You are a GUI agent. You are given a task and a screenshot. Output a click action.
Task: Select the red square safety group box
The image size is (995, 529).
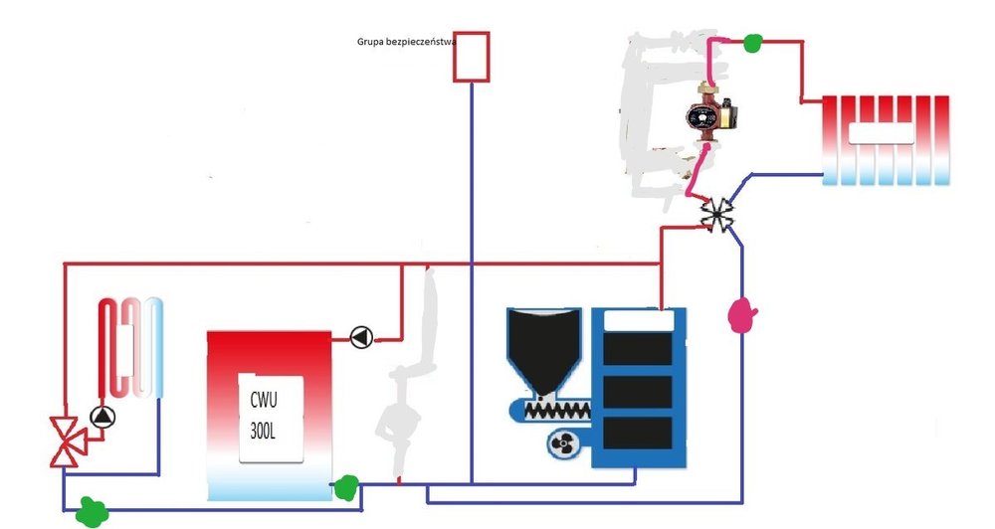click(x=471, y=57)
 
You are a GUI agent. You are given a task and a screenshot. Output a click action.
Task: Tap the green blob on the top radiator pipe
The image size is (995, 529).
click(x=753, y=43)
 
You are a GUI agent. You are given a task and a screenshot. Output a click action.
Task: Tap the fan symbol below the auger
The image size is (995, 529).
click(x=560, y=444)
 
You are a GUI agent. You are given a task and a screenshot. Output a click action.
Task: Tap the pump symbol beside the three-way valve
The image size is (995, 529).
click(x=100, y=417)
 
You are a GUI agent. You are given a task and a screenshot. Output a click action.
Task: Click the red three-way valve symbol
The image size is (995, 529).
click(x=67, y=441)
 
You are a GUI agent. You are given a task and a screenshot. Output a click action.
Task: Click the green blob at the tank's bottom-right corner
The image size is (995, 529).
click(x=345, y=487)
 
